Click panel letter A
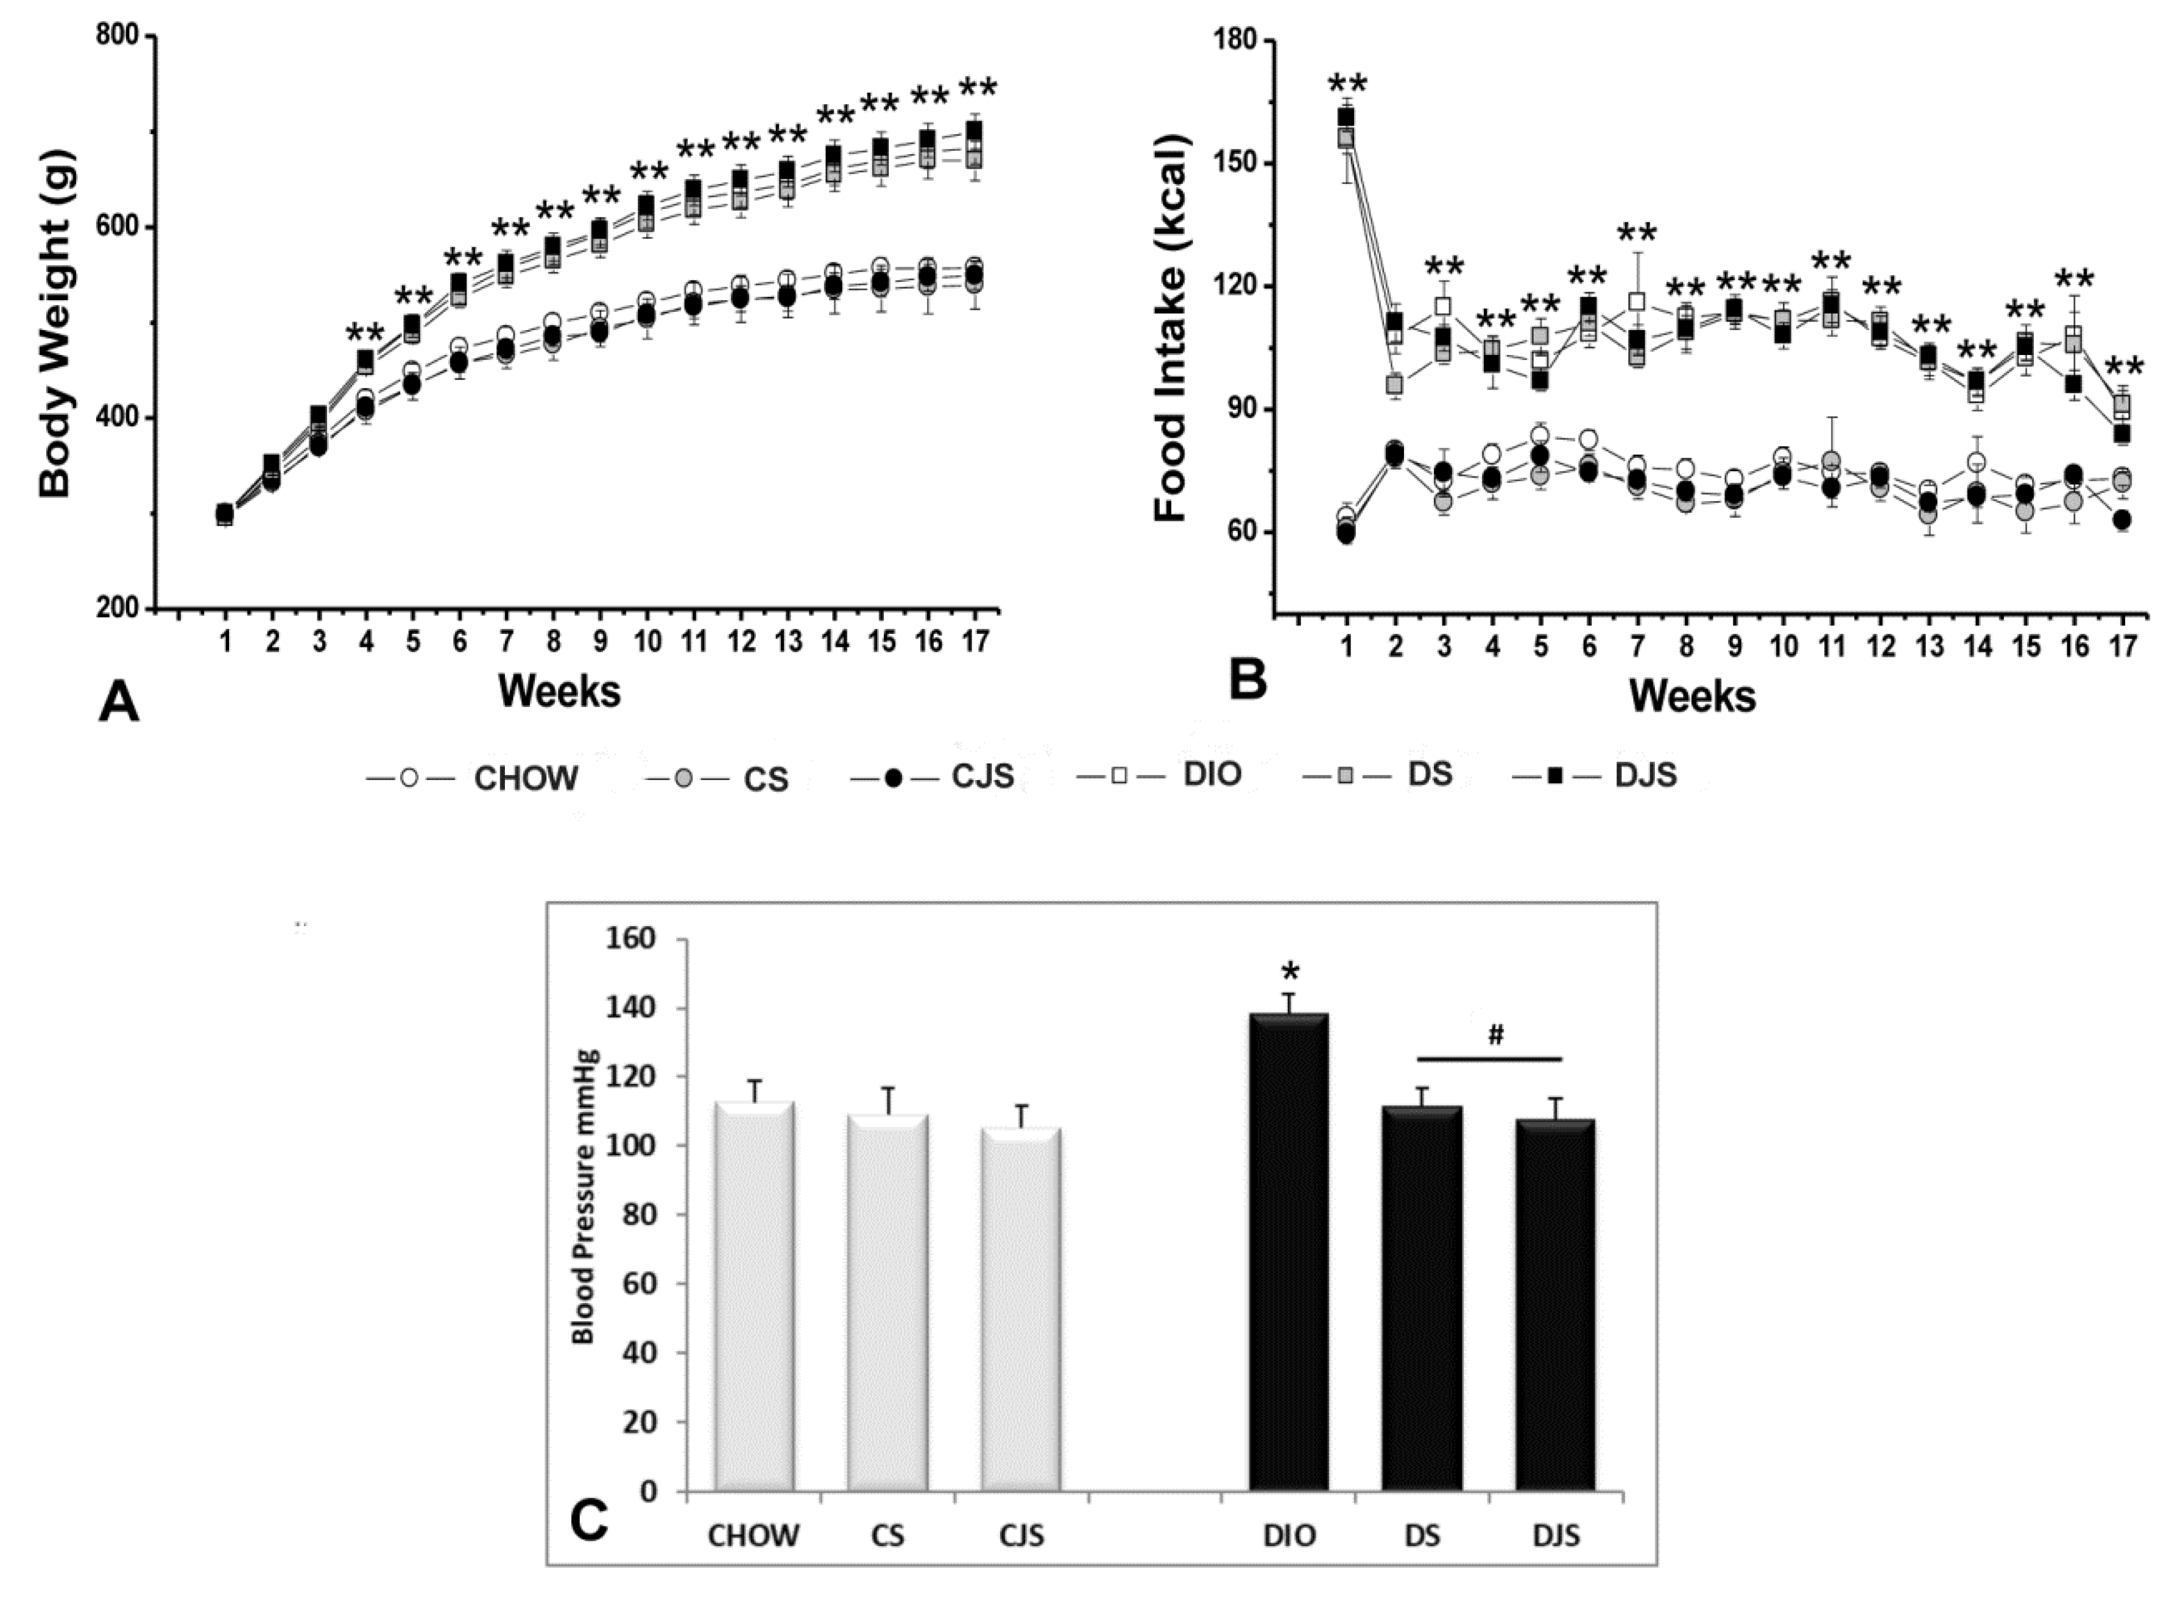[x=118, y=701]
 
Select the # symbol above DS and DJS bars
[x=1495, y=1036]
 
